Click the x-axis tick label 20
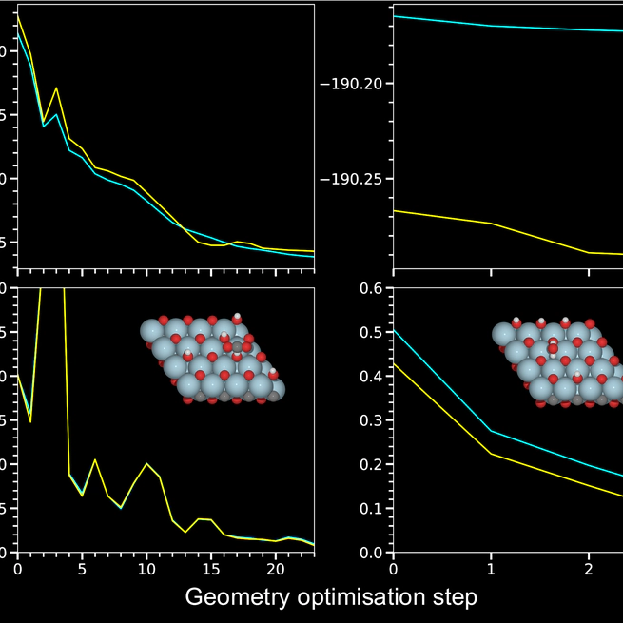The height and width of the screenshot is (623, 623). coord(275,569)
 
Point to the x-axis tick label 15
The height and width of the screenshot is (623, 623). coord(210,569)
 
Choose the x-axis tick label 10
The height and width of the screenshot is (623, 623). coord(146,569)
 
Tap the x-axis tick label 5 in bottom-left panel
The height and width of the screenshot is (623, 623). coord(82,569)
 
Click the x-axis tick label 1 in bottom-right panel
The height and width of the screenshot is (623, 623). coord(491,569)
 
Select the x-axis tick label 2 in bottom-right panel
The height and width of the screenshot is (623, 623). coord(588,569)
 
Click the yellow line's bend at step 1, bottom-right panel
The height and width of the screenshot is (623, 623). coord(491,453)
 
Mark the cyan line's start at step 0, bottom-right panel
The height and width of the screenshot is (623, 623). coord(394,330)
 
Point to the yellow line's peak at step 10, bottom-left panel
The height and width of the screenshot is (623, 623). coord(146,464)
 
